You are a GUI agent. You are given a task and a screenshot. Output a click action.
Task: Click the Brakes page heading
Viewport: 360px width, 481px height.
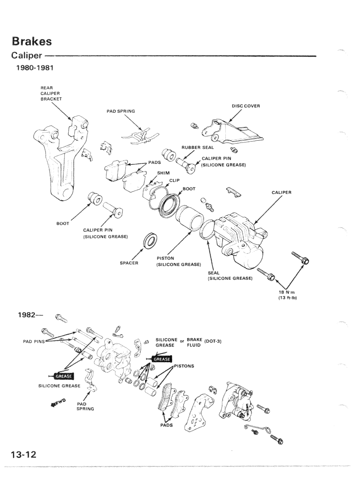32,41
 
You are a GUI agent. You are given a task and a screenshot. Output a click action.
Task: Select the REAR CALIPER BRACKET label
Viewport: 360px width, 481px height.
51,93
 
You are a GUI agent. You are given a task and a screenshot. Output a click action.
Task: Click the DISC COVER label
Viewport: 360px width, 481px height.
245,106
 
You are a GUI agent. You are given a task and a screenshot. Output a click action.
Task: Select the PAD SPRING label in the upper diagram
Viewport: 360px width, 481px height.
121,111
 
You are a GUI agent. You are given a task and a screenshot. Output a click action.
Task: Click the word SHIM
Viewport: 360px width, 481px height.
163,173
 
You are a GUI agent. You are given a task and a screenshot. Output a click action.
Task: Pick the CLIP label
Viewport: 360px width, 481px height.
174,180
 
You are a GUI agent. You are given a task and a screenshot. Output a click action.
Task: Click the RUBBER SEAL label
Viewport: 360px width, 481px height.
197,147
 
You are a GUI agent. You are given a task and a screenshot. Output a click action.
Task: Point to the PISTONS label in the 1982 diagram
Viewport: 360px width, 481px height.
184,366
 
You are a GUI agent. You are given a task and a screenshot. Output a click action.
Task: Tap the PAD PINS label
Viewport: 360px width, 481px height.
34,341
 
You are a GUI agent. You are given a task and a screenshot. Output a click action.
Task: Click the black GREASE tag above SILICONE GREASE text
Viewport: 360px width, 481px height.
64,376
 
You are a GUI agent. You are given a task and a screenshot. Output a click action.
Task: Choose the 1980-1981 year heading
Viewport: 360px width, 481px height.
35,68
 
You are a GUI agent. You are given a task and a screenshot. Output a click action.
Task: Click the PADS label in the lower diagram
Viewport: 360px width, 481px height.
166,425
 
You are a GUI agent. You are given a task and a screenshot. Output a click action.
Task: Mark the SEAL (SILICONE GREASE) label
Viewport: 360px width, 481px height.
230,275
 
